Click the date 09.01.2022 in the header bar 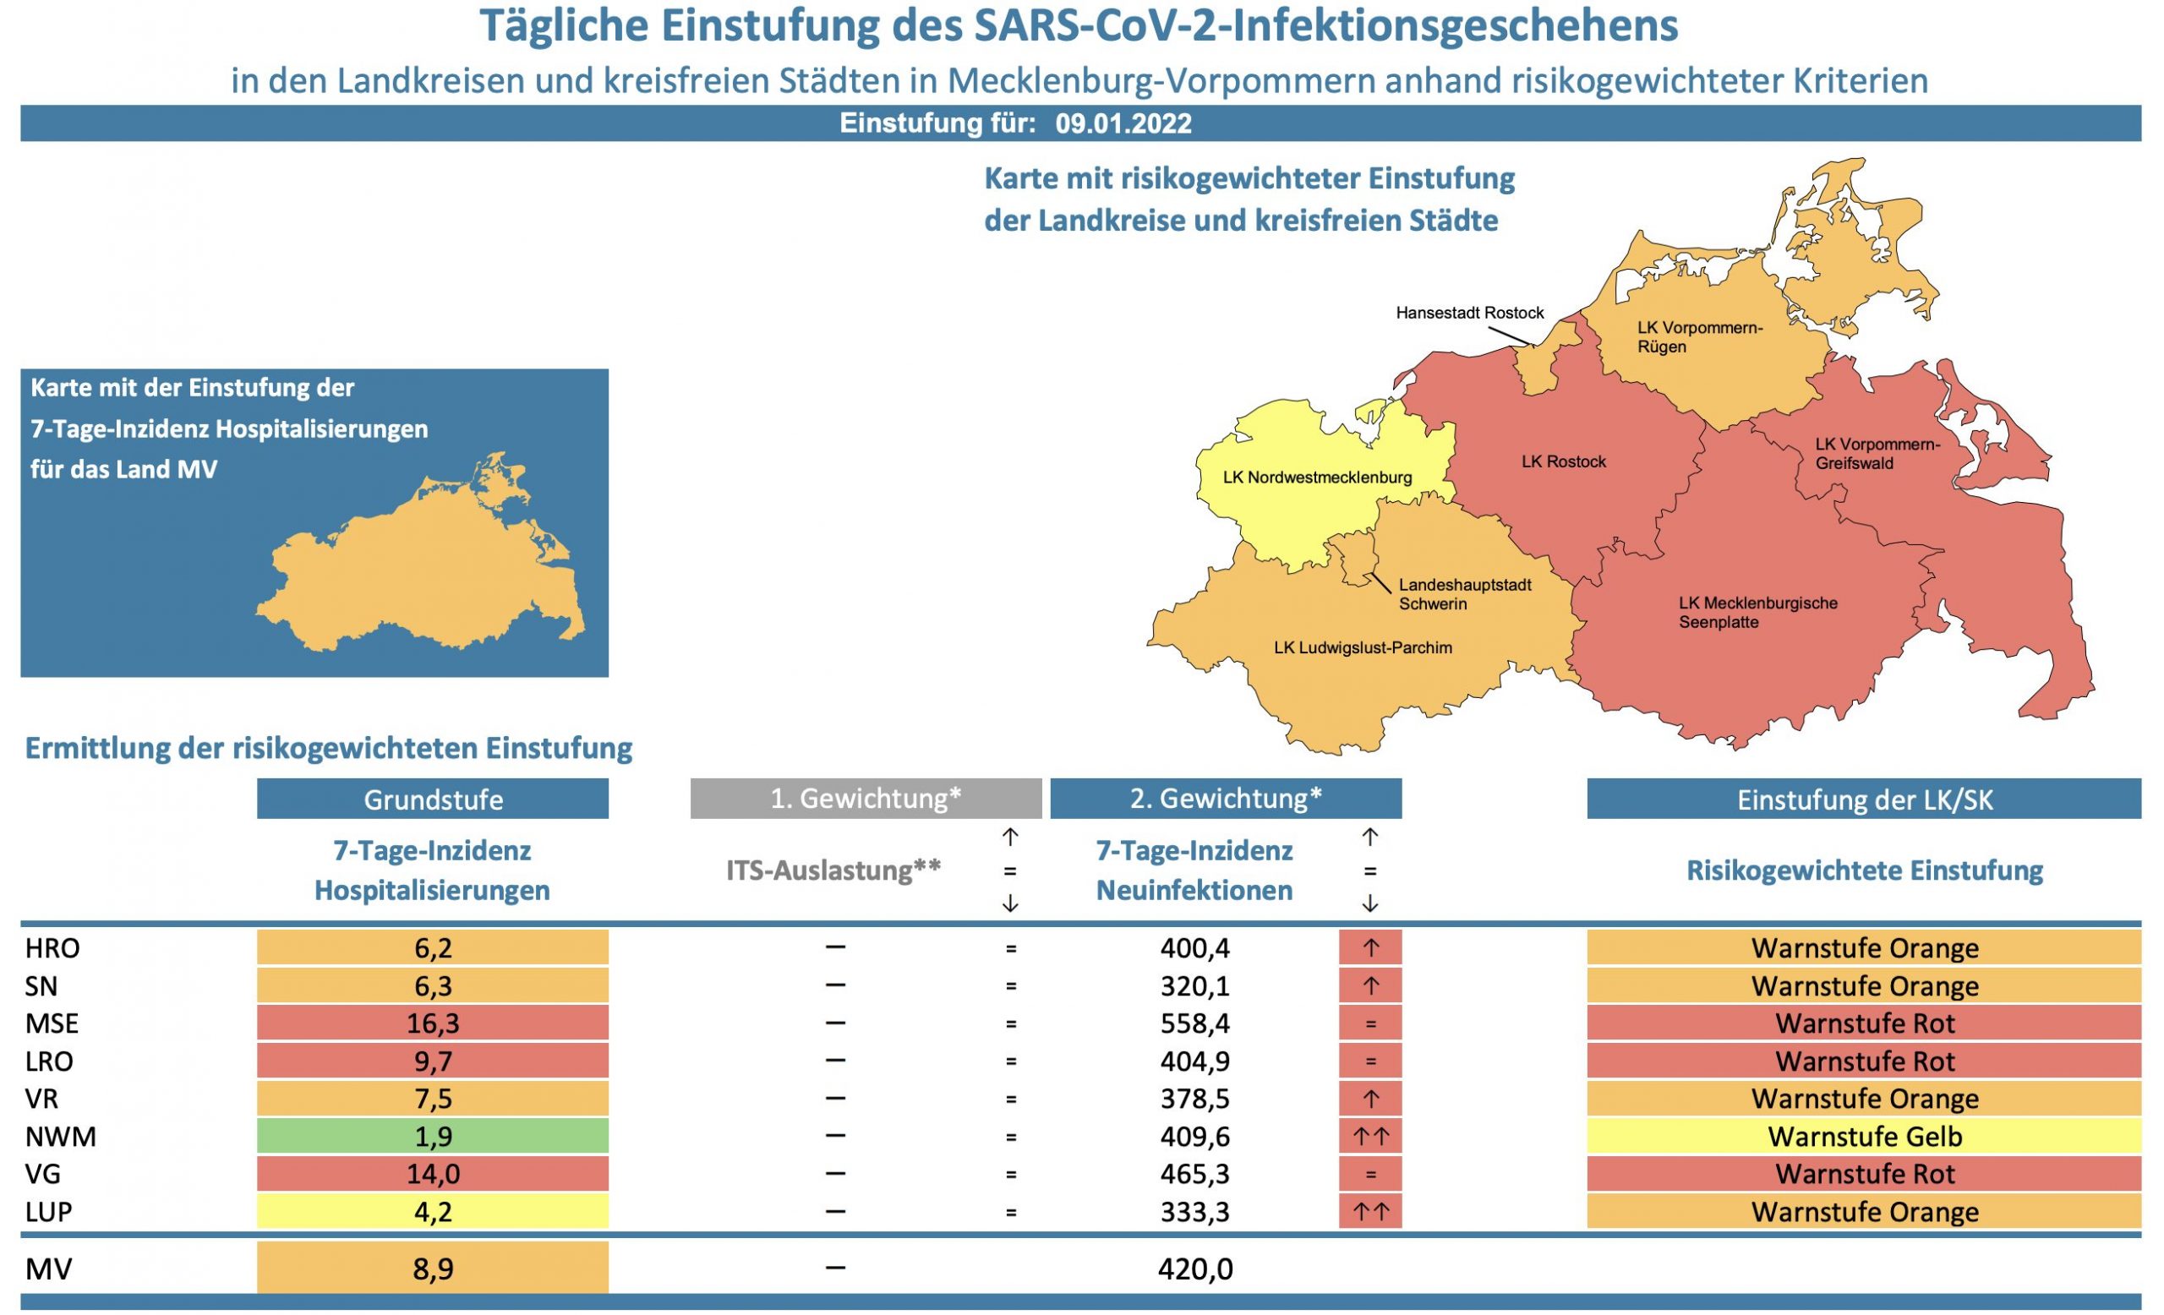[1123, 123]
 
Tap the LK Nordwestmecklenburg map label [1316, 477]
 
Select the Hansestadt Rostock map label [1469, 313]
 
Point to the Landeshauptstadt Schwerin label [1464, 594]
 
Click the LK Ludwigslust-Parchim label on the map [1362, 648]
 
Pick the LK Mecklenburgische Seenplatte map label [1757, 613]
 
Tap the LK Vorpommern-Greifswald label [1877, 453]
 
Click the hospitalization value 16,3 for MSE [432, 1023]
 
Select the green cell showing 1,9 [432, 1137]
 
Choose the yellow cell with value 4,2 [432, 1211]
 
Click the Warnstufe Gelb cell [1864, 1137]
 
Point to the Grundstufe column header [432, 799]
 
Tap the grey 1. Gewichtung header [865, 798]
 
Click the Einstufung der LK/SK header [1864, 799]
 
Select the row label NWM [61, 1137]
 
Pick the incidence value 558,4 [1194, 1023]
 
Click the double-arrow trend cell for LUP [1370, 1211]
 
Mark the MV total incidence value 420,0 [1194, 1269]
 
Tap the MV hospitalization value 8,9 [432, 1269]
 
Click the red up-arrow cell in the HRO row [1370, 948]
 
